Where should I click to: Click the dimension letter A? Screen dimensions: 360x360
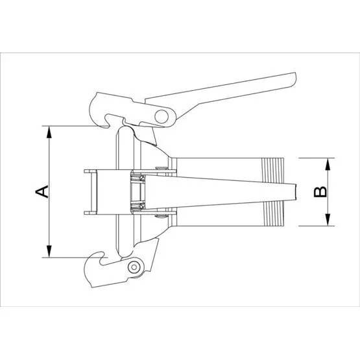42,192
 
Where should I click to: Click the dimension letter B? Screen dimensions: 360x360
320,192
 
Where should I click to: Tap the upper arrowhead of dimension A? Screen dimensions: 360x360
49,132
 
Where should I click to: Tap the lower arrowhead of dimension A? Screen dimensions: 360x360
49,252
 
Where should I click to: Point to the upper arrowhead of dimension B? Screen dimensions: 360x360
328,164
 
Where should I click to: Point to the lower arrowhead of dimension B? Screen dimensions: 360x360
328,220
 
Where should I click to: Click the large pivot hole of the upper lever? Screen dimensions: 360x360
162,117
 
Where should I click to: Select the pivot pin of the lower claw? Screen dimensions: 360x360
134,267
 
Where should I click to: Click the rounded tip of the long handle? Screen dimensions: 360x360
294,79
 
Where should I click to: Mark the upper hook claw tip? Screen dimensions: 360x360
108,126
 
